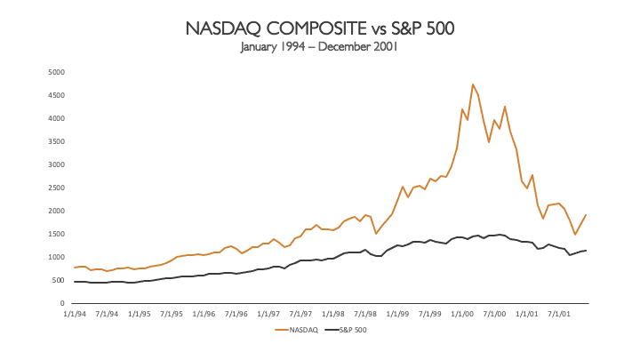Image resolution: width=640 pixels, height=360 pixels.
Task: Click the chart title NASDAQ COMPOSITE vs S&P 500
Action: tap(320, 28)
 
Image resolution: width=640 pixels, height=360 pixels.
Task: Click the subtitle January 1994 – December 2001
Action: tap(320, 47)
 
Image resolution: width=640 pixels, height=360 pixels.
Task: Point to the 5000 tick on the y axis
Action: tap(56, 72)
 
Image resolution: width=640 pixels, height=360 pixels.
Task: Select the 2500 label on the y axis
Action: tap(56, 188)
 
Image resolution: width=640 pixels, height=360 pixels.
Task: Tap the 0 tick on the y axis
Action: tap(61, 303)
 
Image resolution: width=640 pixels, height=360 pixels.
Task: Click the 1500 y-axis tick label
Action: tap(56, 234)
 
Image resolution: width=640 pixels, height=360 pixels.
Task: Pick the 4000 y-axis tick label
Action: tap(56, 118)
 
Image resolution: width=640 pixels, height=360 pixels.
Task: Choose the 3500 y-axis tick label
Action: tap(56, 141)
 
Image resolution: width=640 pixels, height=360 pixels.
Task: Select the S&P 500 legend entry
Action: tap(349, 330)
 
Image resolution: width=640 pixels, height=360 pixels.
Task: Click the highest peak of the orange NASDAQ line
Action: tap(473, 84)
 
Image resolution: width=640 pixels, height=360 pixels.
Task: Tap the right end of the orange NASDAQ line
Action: tap(587, 215)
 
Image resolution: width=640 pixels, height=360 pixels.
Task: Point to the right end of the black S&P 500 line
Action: tap(587, 250)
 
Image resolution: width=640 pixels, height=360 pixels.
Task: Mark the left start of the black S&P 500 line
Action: tap(75, 282)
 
